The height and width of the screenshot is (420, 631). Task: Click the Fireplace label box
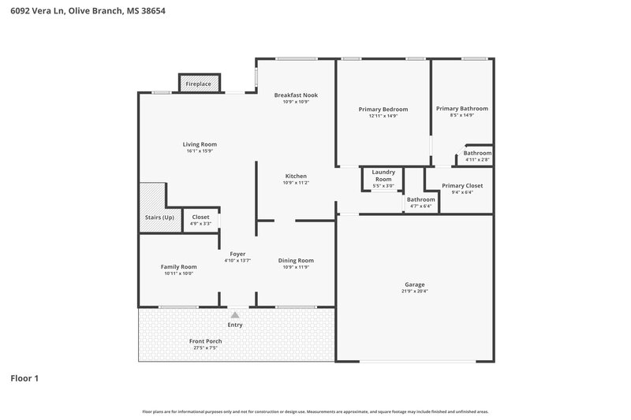199,84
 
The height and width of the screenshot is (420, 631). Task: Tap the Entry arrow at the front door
235,314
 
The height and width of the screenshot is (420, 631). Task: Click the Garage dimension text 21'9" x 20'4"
416,291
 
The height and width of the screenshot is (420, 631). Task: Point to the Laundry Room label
383,175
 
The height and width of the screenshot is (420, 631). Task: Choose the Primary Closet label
462,185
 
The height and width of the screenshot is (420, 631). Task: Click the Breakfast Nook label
296,95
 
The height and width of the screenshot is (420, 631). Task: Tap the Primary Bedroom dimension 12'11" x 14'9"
383,116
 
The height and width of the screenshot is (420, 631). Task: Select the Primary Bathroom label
461,109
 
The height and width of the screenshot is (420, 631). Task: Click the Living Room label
200,144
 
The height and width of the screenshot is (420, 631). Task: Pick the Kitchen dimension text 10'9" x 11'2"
296,182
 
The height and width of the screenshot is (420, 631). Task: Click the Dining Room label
296,260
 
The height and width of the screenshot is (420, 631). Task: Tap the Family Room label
179,266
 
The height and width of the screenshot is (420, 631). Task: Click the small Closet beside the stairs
201,220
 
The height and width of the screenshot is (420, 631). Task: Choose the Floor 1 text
24,378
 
